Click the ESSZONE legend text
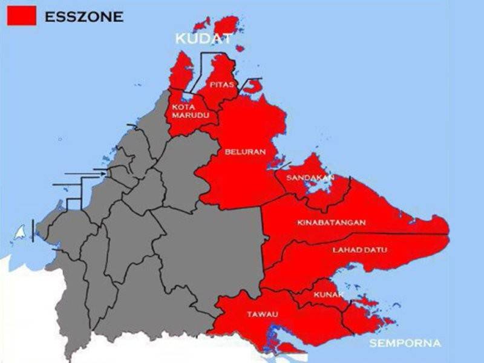point(83,17)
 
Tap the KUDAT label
point(203,39)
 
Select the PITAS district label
point(222,85)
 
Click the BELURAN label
point(245,152)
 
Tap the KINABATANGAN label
point(332,223)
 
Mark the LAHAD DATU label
point(360,250)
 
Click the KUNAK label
point(329,295)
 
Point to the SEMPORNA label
point(405,344)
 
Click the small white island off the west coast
point(21,232)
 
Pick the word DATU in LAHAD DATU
point(375,250)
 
